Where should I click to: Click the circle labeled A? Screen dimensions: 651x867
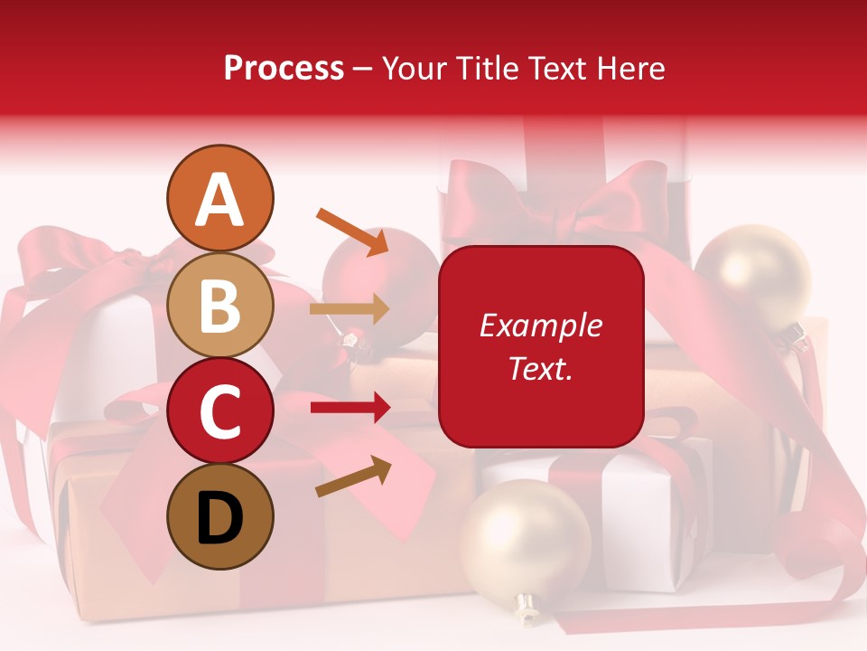tap(220, 198)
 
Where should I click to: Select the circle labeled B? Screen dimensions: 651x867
tap(220, 305)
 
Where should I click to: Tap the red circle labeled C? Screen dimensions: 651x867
tap(220, 410)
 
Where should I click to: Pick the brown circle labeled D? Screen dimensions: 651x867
tap(220, 516)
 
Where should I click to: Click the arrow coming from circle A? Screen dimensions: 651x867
tap(352, 231)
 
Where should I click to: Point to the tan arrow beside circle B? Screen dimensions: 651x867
tap(350, 309)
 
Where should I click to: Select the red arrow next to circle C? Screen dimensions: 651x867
tap(350, 408)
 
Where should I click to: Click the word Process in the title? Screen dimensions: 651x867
tap(284, 68)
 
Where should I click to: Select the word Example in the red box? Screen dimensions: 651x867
tap(541, 325)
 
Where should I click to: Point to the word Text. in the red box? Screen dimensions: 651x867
tap(541, 368)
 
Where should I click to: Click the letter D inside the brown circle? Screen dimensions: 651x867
tap(220, 517)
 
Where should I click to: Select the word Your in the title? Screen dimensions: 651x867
tap(413, 68)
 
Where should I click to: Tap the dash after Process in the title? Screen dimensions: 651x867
tap(363, 69)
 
